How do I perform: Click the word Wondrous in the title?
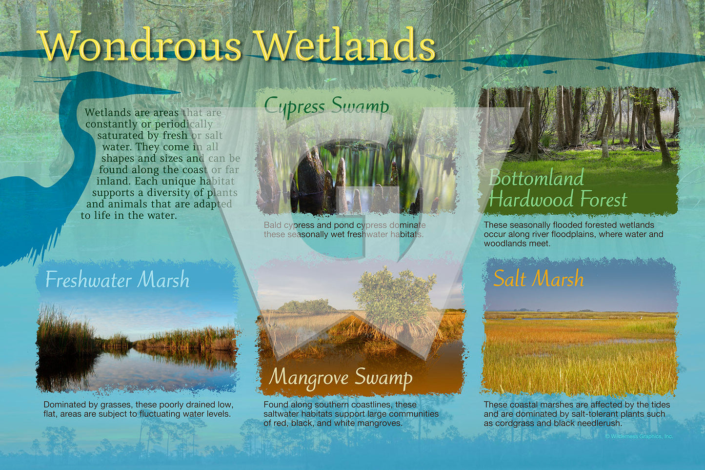(x=140, y=46)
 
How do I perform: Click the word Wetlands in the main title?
(x=346, y=45)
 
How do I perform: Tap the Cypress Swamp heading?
(x=326, y=106)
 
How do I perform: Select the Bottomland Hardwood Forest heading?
(x=558, y=188)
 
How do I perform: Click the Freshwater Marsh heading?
(x=118, y=280)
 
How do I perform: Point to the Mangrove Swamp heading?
(x=341, y=378)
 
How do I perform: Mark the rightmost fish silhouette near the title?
(x=602, y=68)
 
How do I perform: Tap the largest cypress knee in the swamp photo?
(x=308, y=172)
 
